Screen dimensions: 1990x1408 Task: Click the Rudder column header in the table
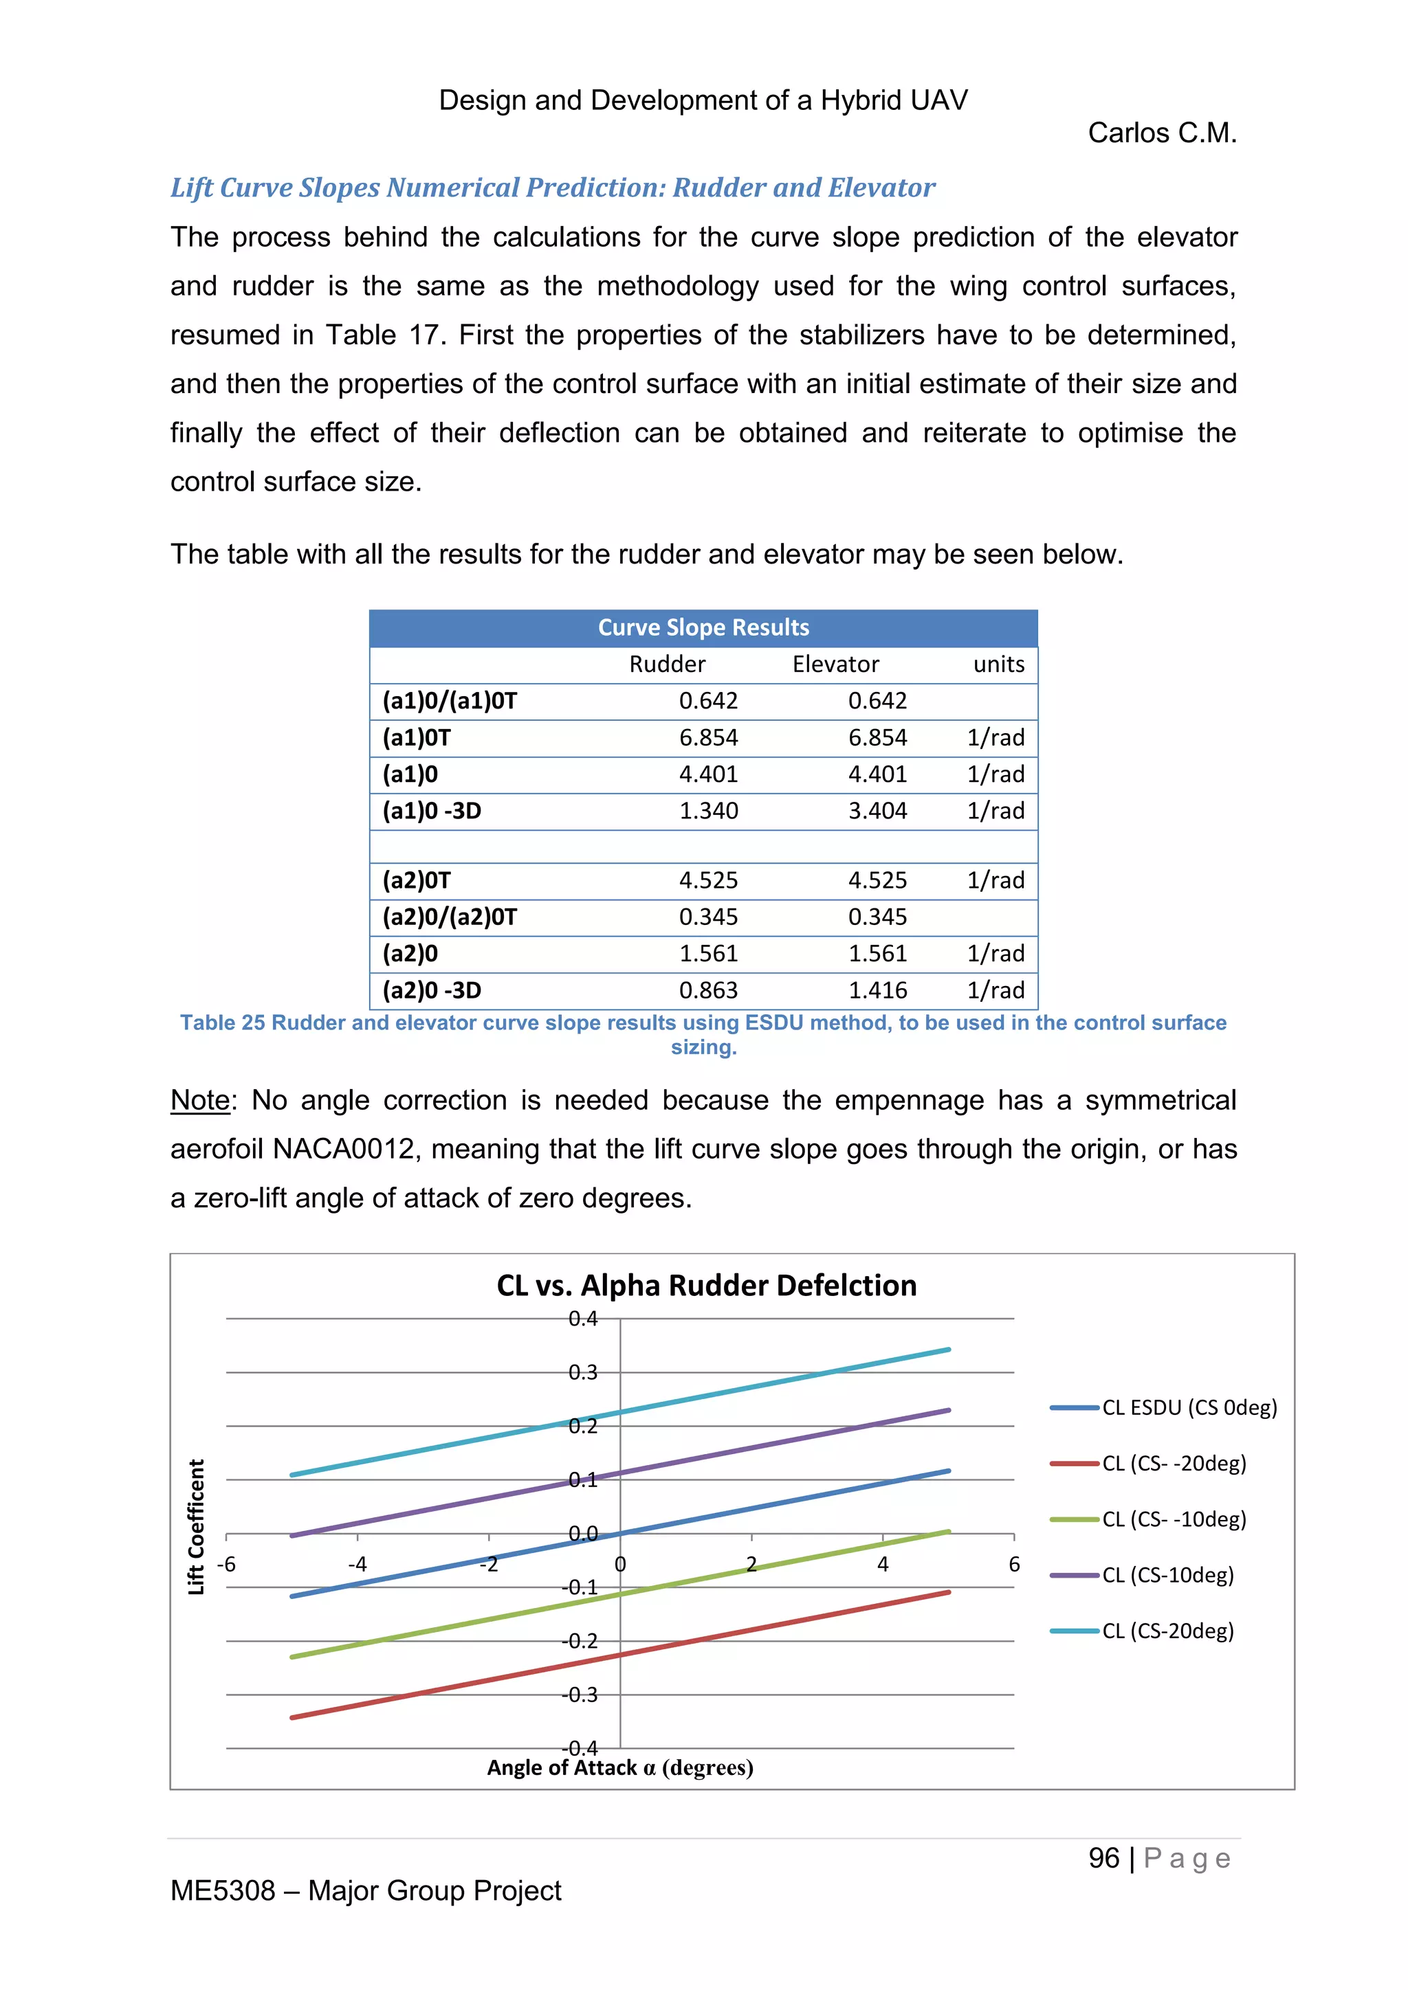tap(667, 664)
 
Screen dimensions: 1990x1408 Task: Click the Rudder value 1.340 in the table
tap(708, 810)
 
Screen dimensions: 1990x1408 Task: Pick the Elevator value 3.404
tap(877, 810)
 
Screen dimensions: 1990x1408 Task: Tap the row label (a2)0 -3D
tap(432, 990)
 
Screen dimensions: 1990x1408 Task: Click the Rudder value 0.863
tap(708, 990)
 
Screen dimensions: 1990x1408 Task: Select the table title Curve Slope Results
tap(703, 627)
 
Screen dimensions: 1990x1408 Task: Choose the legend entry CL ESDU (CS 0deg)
tap(1189, 1407)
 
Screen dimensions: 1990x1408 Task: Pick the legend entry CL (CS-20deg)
tap(1167, 1631)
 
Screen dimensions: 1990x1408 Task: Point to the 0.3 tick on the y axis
tap(582, 1372)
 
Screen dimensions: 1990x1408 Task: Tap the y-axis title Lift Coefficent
tap(197, 1526)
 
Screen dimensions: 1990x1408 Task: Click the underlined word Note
tap(200, 1100)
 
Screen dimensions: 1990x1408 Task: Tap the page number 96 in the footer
tap(1103, 1858)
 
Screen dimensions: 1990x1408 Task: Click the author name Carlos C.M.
tap(1162, 133)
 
